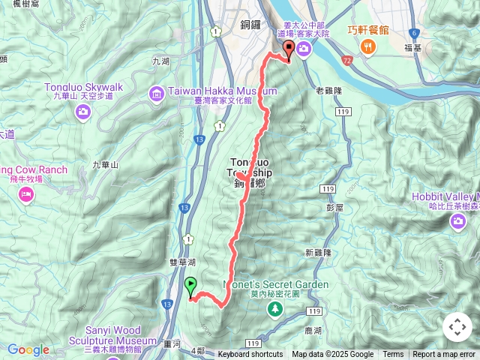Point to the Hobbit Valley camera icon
coord(457,222)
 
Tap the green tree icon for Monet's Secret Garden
coord(277,308)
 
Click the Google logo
coord(28,349)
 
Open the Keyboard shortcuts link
coord(250,355)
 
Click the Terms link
coord(393,355)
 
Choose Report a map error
coord(444,355)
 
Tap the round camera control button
coord(457,327)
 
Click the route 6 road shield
coord(414,32)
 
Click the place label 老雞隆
coord(329,91)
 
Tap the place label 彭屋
coord(334,206)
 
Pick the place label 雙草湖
coord(182,263)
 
